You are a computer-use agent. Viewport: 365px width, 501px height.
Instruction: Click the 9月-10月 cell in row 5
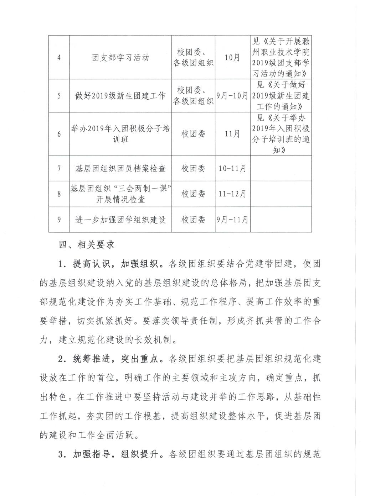[232, 96]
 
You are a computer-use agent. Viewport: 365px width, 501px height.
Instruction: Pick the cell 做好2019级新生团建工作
[120, 96]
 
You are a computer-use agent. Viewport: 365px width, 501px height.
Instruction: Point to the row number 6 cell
[59, 134]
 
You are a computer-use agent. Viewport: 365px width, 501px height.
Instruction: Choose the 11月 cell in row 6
[232, 134]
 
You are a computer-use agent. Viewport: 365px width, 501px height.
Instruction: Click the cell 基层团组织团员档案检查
[120, 168]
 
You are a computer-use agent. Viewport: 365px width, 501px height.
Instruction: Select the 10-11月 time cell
[232, 168]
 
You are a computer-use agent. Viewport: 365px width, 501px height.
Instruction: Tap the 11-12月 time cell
[232, 194]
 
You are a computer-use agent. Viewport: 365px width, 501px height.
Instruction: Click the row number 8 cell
[59, 194]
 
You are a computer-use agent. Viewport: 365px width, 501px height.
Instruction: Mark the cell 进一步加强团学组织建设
[120, 220]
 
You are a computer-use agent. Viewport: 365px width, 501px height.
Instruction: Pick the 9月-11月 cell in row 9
[232, 220]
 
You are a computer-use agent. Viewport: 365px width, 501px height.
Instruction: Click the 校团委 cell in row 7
[193, 168]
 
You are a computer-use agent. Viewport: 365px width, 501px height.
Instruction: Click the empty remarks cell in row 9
[281, 220]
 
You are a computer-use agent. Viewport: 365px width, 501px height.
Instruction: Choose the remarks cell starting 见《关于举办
[281, 134]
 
